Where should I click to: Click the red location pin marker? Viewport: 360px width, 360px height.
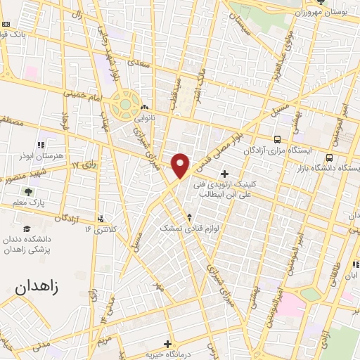click(x=181, y=165)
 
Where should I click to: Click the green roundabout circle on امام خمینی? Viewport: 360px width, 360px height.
click(x=126, y=105)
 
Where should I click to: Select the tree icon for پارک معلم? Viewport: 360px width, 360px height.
click(x=29, y=191)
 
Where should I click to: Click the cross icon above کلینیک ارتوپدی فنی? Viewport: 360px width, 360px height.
click(x=224, y=174)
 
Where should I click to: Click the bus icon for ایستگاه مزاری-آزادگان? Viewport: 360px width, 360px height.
click(x=279, y=140)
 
